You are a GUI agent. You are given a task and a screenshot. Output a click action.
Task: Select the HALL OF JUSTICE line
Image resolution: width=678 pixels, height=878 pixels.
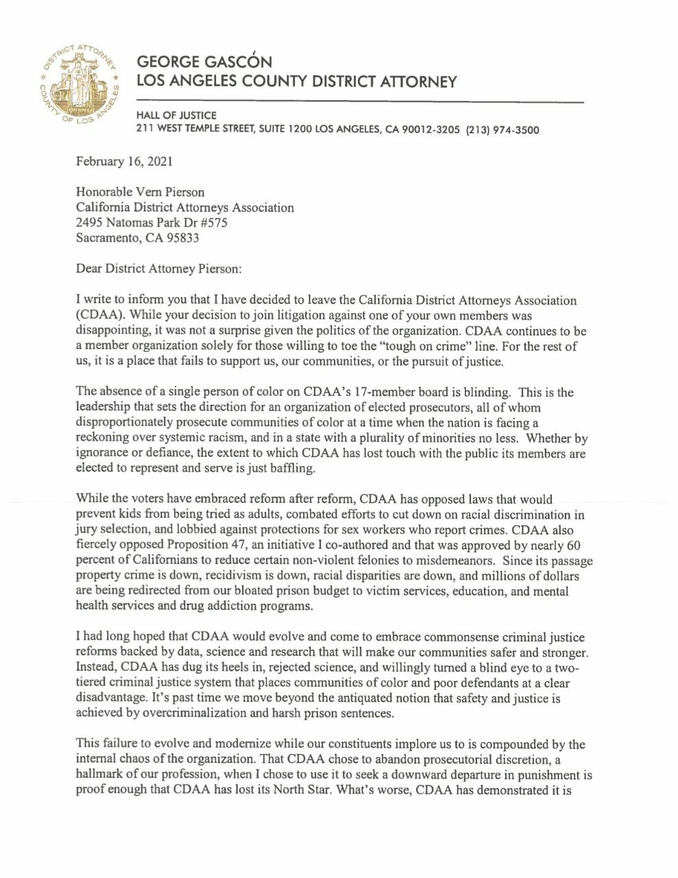click(176, 115)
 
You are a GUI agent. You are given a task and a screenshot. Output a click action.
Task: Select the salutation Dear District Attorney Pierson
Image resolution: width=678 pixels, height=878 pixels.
click(158, 269)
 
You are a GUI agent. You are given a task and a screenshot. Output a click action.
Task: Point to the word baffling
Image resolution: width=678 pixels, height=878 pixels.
click(309, 468)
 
